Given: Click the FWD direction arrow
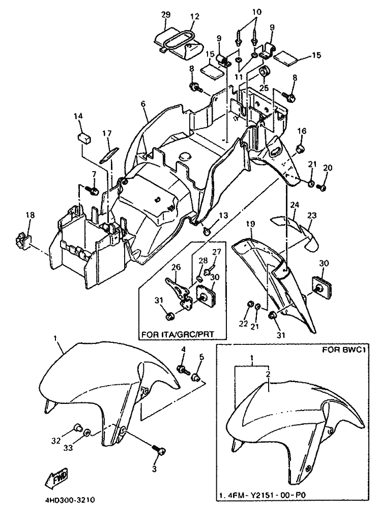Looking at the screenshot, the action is point(58,476).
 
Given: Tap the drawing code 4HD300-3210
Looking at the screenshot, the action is point(70,500).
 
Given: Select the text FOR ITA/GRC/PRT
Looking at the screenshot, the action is point(178,334).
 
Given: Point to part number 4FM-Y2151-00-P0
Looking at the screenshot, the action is point(264,504).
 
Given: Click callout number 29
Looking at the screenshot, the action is point(166,14).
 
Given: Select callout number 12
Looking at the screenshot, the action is point(195,16).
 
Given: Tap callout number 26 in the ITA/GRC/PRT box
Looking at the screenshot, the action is point(176,266).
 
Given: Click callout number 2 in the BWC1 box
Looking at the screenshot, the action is point(268,374).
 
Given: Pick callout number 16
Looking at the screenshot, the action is point(302,131).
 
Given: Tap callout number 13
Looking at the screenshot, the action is point(223,216).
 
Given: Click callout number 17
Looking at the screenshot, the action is point(107,133).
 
